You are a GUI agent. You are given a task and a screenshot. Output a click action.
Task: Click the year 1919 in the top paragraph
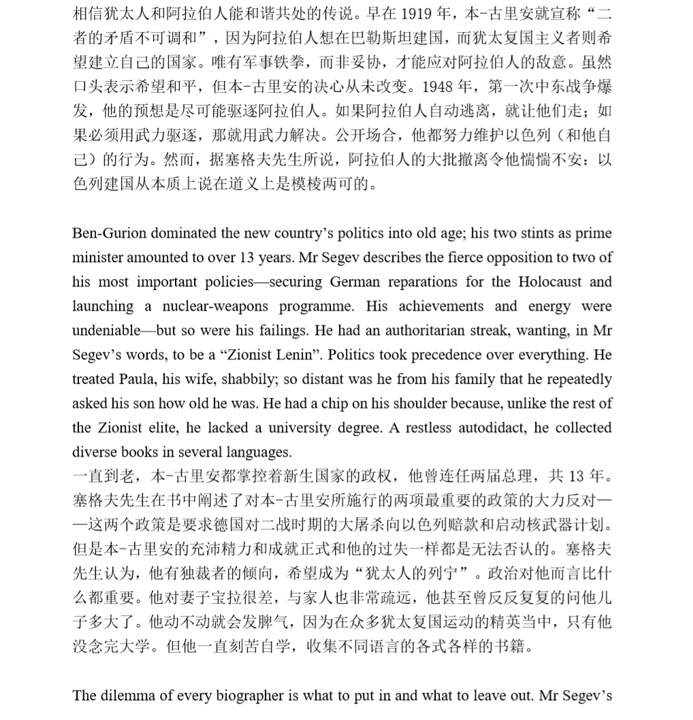pyautogui.click(x=421, y=14)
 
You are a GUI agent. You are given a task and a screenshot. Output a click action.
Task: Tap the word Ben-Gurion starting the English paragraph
pyautogui.click(x=108, y=233)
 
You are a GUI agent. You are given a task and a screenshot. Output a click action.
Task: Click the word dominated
pyautogui.click(x=178, y=233)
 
